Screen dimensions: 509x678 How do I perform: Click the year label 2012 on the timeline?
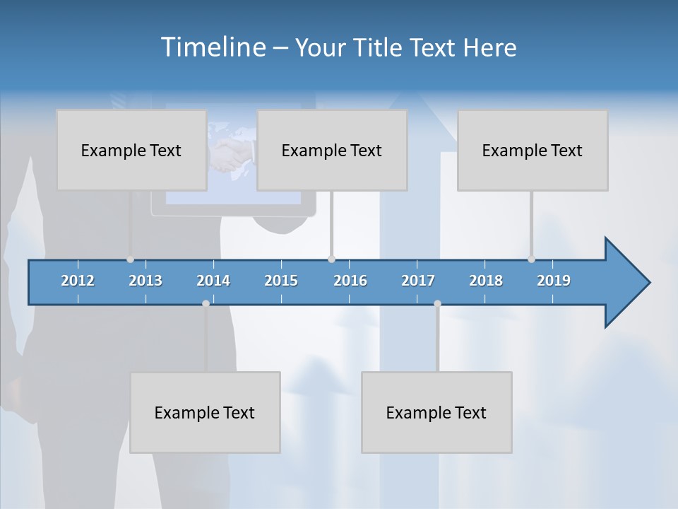pos(78,281)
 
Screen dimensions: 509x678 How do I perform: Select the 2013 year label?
pos(145,281)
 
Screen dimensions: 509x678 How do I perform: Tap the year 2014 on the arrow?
pos(213,281)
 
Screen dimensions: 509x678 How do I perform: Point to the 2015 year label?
pos(281,281)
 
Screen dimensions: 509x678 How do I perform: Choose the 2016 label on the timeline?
pos(350,281)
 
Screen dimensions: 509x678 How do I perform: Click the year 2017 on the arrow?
pos(418,281)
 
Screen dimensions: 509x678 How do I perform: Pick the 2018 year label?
pos(486,281)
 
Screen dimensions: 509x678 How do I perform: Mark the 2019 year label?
pos(554,281)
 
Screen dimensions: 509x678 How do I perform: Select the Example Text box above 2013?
pos(131,150)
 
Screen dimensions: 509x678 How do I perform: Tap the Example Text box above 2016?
pos(332,150)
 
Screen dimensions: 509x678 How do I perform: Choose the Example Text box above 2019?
pos(533,150)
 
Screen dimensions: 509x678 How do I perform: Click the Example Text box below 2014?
pos(205,412)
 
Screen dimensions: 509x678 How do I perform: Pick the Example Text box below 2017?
pos(436,412)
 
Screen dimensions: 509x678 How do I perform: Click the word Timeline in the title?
pos(213,47)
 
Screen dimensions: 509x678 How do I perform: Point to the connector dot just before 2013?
pos(131,259)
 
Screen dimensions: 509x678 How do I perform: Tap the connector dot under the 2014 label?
pos(206,303)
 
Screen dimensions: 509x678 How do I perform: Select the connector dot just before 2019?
pos(531,259)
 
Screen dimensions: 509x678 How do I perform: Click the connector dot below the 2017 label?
pos(437,303)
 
